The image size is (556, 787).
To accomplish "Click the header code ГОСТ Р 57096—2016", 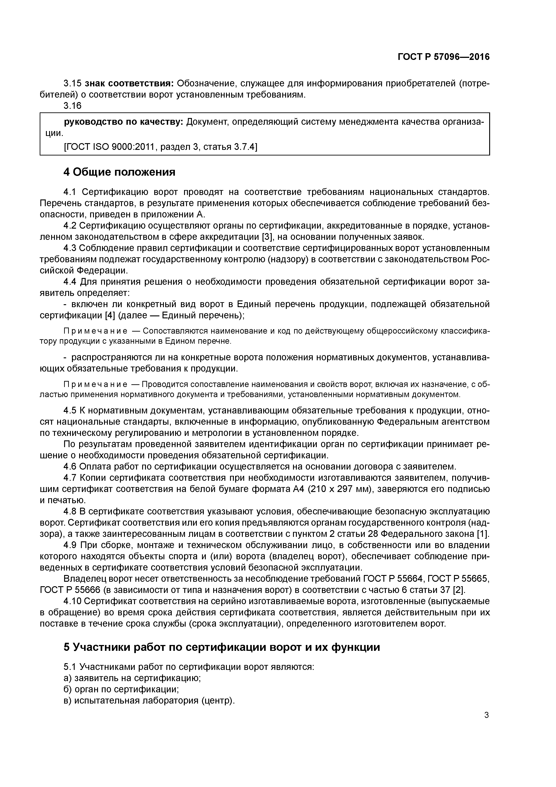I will click(444, 57).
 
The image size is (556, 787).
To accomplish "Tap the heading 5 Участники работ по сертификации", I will click(222, 647).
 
